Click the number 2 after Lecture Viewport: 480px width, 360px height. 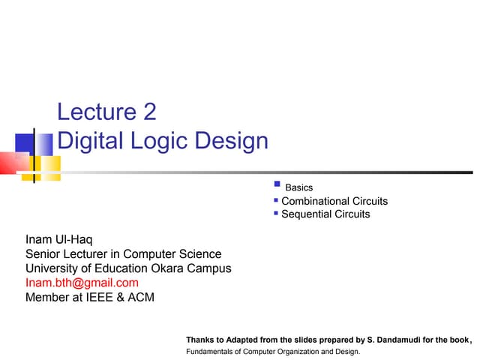[148, 112]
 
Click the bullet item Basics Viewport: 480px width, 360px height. [299, 187]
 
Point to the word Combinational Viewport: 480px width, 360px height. [315, 201]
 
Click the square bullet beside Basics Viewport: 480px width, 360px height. [277, 184]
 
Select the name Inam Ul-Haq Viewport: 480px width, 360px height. [59, 240]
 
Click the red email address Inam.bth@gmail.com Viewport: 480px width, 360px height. [82, 283]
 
